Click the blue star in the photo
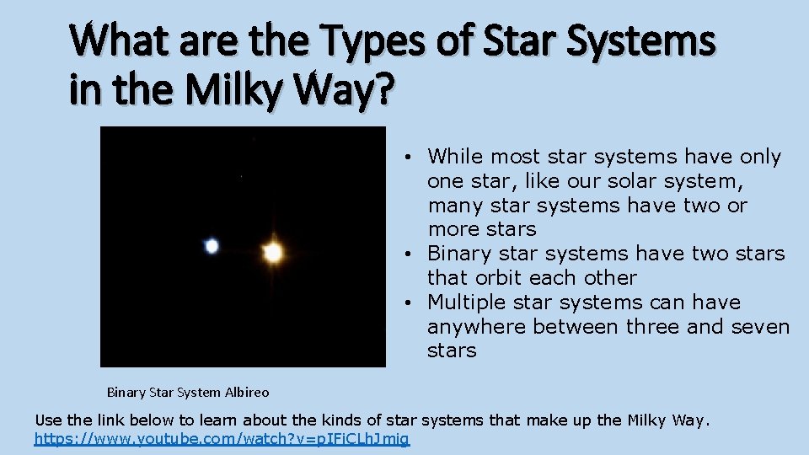point(212,246)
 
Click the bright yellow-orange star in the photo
point(272,252)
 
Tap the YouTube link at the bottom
point(222,439)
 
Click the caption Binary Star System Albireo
point(188,392)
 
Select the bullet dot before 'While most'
point(406,158)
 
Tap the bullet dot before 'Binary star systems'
point(406,254)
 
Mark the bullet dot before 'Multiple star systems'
point(406,303)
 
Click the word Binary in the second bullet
point(457,254)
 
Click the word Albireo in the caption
point(248,392)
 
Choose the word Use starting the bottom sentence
point(48,420)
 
